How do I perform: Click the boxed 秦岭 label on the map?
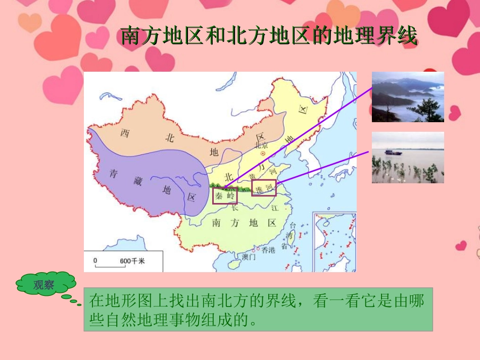point(225,195)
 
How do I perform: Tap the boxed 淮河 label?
point(264,188)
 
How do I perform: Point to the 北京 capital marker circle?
point(262,152)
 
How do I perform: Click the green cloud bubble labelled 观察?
point(44,285)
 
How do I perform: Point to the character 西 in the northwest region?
point(125,133)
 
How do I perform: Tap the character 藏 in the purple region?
point(138,182)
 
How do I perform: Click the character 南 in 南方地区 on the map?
point(216,223)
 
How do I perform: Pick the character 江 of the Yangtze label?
point(275,208)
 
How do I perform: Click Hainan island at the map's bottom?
point(234,264)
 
